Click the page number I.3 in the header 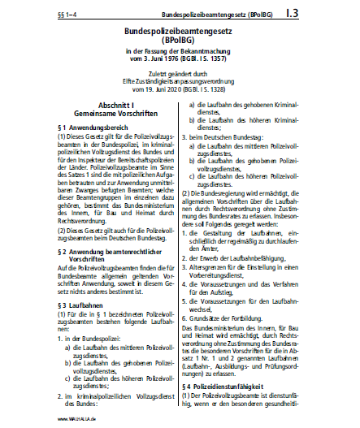[337, 14]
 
